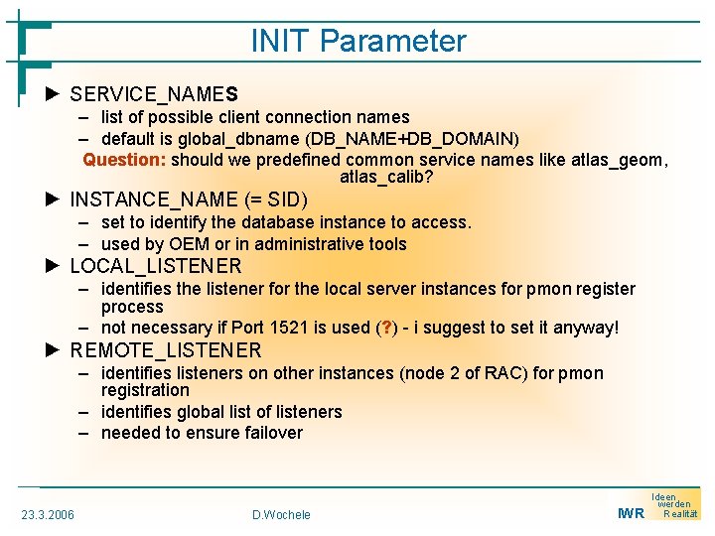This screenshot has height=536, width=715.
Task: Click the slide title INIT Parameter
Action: point(357,41)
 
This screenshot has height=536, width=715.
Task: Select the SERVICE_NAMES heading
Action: point(154,94)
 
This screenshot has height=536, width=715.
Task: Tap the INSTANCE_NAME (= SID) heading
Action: point(189,200)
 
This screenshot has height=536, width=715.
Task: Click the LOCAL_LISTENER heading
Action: point(156,266)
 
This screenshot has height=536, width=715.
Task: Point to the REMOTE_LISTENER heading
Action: point(166,350)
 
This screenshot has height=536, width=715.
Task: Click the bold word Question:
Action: point(124,160)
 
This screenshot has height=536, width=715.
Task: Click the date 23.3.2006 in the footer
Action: point(48,514)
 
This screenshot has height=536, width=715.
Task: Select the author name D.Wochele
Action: point(281,514)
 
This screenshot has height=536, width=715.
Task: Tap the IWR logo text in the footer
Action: point(631,513)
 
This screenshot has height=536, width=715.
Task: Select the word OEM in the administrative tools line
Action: point(189,244)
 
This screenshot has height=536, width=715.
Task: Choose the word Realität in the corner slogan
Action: point(680,513)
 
